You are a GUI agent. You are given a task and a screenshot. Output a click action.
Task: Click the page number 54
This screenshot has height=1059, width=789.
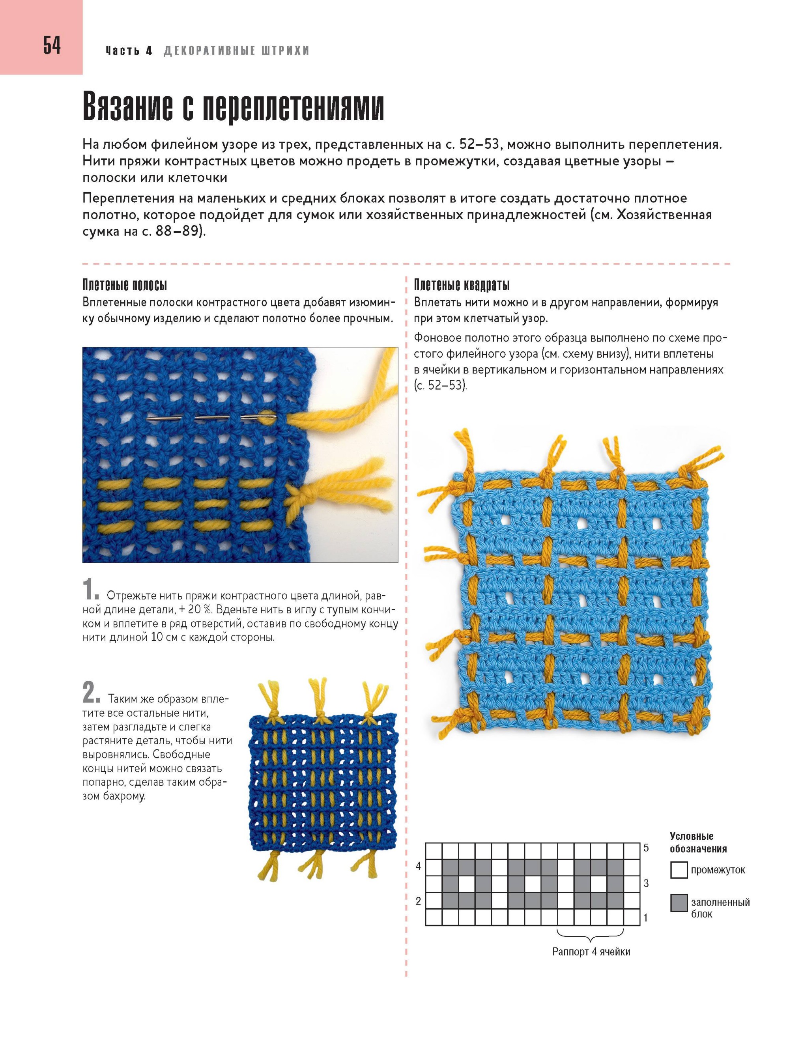coord(52,46)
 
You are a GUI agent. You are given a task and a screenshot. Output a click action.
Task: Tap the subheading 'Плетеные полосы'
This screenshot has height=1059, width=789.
coord(125,286)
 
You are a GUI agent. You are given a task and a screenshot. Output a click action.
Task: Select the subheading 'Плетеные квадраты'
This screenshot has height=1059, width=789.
coord(462,286)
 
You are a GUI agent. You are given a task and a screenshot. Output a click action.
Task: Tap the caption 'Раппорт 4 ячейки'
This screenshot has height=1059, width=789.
coord(591,952)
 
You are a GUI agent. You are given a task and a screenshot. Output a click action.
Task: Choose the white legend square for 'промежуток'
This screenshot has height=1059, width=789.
coord(679,870)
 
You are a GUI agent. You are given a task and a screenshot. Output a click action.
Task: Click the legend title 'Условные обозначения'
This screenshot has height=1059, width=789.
coord(698,842)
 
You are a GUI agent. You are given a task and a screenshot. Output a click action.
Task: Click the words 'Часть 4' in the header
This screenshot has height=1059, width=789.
coord(129,50)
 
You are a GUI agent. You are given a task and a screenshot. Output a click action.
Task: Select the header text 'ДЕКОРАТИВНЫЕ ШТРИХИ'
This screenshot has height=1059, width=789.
coord(236,50)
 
